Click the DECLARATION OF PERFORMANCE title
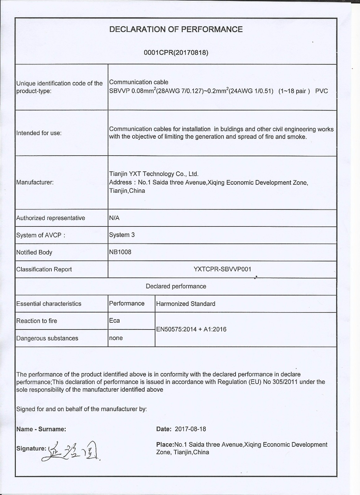(176, 29)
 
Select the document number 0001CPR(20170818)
(176, 53)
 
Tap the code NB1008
(120, 252)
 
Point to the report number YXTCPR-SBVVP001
(222, 269)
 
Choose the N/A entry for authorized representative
(114, 218)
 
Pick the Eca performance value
(114, 321)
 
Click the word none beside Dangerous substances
(116, 338)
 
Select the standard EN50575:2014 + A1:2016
(191, 329)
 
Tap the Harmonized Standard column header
(185, 304)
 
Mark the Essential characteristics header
(49, 304)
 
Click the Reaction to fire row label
(37, 321)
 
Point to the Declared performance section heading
(176, 286)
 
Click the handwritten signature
(74, 450)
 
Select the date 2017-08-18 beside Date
(190, 429)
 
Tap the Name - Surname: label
(41, 429)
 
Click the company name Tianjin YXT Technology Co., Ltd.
(154, 174)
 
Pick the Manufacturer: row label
(35, 182)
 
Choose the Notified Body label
(34, 252)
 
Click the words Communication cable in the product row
(139, 82)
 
